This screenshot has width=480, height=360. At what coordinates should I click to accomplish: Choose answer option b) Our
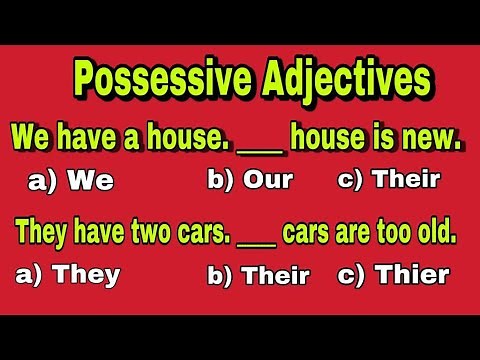pyautogui.click(x=250, y=180)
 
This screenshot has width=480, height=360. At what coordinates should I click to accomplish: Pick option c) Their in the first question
pyautogui.click(x=390, y=180)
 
